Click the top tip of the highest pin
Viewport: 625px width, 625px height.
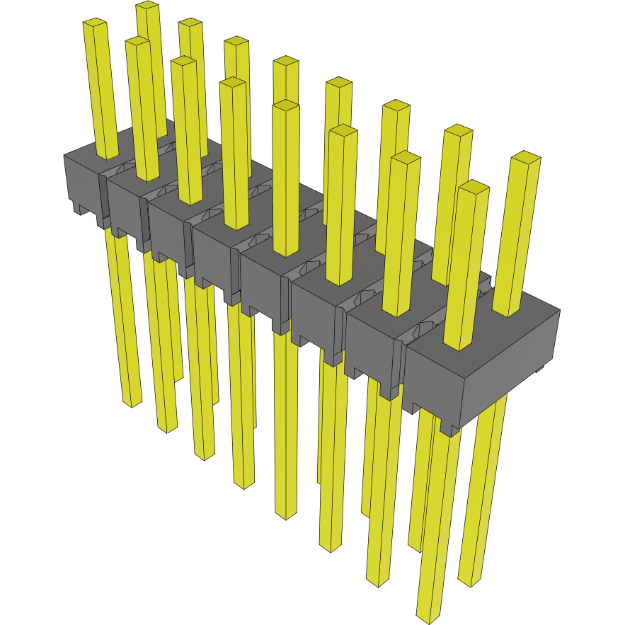point(147,6)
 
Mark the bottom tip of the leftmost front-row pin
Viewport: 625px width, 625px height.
point(132,403)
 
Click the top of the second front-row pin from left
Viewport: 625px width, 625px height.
point(137,43)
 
